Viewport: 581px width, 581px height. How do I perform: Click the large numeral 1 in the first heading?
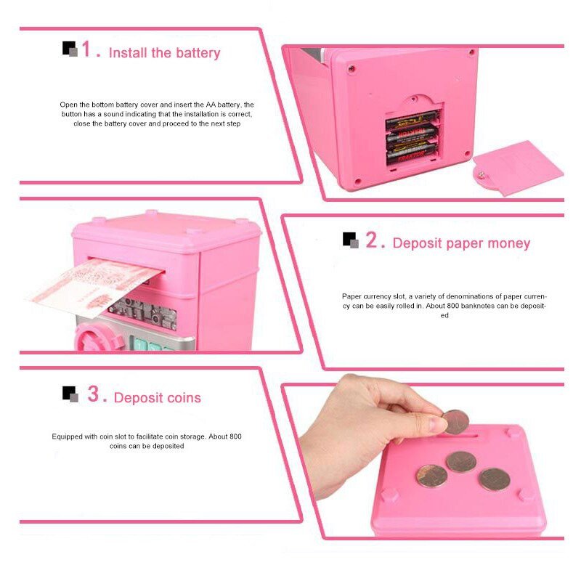pyautogui.click(x=86, y=49)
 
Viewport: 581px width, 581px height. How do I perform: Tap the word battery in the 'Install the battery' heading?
pyautogui.click(x=198, y=53)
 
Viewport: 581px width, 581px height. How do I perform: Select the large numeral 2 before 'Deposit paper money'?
pyautogui.click(x=371, y=240)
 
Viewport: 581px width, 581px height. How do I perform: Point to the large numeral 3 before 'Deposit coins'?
pyautogui.click(x=93, y=393)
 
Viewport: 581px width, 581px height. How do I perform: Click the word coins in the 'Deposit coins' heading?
pyautogui.click(x=184, y=397)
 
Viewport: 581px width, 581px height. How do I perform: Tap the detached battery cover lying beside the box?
pyautogui.click(x=518, y=168)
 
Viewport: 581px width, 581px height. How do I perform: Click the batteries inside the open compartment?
pyautogui.click(x=412, y=138)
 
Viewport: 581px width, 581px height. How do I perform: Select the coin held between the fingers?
pyautogui.click(x=455, y=422)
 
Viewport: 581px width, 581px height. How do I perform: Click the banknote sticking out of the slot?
pyautogui.click(x=94, y=286)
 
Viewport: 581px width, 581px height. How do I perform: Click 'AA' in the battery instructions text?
pyautogui.click(x=211, y=105)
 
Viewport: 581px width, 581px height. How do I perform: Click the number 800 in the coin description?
pyautogui.click(x=235, y=436)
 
